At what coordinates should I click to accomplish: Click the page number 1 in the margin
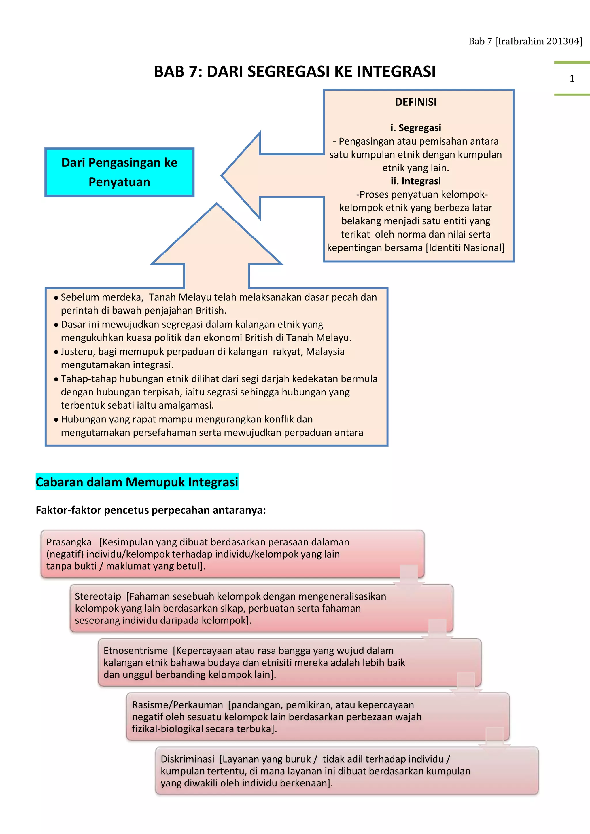click(x=572, y=78)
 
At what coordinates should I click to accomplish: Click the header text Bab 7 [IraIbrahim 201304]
click(x=525, y=41)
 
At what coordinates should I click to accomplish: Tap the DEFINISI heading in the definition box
click(x=416, y=102)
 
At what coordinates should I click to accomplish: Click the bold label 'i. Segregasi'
click(x=416, y=128)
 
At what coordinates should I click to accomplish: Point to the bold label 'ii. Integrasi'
click(x=416, y=181)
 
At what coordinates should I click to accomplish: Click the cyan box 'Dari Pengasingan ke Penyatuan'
click(x=119, y=172)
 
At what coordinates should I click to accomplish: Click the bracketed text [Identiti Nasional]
click(x=465, y=248)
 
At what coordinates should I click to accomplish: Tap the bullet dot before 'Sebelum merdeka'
click(x=56, y=298)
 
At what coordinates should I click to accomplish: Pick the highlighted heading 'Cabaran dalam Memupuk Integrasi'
click(x=137, y=482)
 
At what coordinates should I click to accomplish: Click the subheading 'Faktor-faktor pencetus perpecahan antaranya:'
click(x=151, y=510)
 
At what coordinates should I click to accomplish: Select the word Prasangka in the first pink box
click(x=69, y=542)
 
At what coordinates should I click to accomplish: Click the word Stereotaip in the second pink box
click(x=98, y=596)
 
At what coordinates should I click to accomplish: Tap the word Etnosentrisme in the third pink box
click(x=135, y=651)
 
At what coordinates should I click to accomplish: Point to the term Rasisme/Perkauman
click(x=177, y=705)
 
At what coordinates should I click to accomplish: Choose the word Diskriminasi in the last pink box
click(x=188, y=759)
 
